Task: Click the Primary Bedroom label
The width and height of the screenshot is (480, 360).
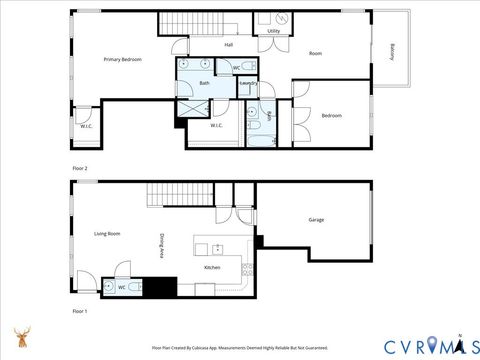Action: pyautogui.click(x=122, y=60)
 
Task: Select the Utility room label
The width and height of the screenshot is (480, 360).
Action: pyautogui.click(x=273, y=32)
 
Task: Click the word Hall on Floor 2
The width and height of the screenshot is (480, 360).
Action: pyautogui.click(x=228, y=45)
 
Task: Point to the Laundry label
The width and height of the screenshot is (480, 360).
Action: pyautogui.click(x=249, y=83)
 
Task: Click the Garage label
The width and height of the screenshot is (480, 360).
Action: pyautogui.click(x=316, y=220)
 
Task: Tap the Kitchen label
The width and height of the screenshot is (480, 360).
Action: pyautogui.click(x=212, y=268)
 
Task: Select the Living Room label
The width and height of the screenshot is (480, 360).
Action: pyautogui.click(x=107, y=233)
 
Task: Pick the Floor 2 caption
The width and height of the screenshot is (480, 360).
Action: pyautogui.click(x=80, y=167)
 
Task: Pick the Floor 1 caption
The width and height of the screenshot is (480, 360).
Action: pyautogui.click(x=80, y=312)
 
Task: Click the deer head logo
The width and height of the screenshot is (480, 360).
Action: pyautogui.click(x=21, y=338)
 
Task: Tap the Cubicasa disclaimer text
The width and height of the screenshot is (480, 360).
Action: pyautogui.click(x=239, y=348)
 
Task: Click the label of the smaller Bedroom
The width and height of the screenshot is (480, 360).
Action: pyautogui.click(x=332, y=115)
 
